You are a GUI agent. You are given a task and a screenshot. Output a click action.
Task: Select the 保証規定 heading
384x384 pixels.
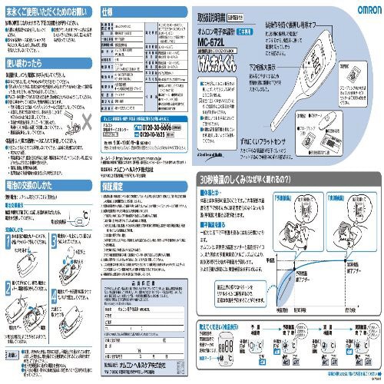(115, 187)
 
